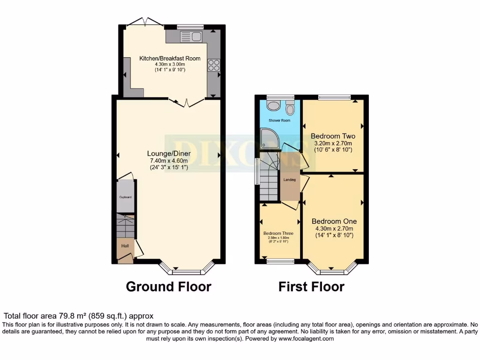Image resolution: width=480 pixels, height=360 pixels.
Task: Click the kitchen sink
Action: click(x=190, y=36)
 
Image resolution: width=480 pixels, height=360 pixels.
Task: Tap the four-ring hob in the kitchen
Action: click(x=214, y=65)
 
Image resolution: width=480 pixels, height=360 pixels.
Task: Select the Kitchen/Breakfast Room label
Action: click(x=170, y=59)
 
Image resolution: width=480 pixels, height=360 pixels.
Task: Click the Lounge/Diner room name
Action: click(x=169, y=153)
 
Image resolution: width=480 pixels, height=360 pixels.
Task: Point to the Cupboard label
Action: click(x=125, y=197)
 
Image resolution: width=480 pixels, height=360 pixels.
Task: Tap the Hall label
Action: click(x=125, y=246)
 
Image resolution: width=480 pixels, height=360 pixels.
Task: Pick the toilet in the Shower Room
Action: click(x=290, y=109)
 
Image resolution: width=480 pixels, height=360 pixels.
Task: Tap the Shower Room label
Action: click(x=279, y=120)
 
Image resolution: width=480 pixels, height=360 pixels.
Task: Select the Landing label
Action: click(x=290, y=179)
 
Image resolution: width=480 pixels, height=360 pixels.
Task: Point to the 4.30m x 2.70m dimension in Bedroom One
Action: click(x=334, y=229)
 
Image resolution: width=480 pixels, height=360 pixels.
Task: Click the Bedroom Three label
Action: click(x=278, y=233)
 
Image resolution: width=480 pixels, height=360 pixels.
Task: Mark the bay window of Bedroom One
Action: click(x=332, y=270)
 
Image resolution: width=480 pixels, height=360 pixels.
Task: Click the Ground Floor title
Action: click(x=168, y=286)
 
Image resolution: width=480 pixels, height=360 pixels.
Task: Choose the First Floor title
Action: click(x=311, y=286)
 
